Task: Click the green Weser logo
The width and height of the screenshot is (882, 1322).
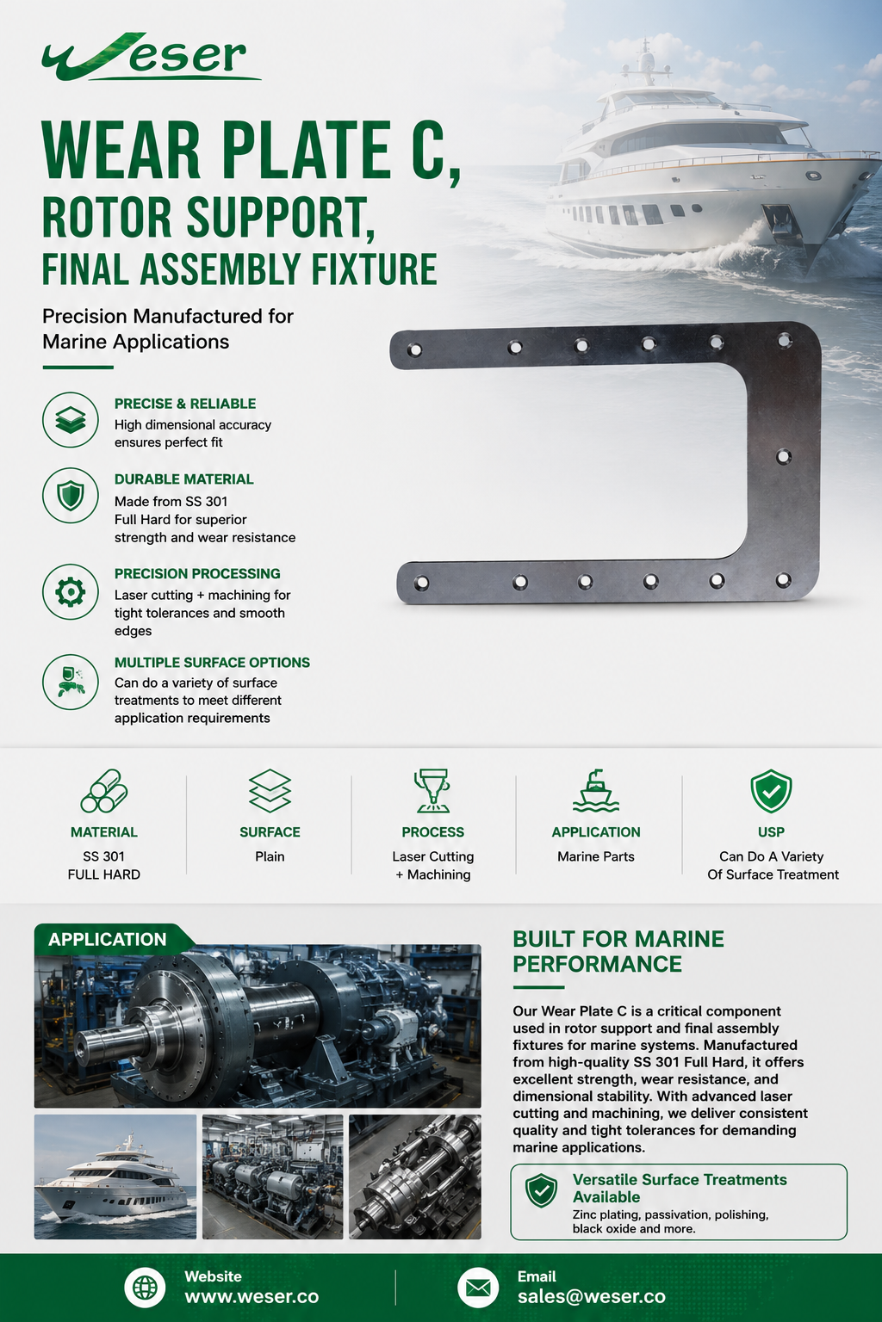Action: click(x=151, y=57)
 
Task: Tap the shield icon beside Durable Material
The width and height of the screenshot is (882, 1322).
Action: click(x=71, y=495)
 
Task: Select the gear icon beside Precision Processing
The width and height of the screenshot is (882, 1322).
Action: click(x=71, y=591)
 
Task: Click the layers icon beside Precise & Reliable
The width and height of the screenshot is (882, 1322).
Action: click(x=71, y=420)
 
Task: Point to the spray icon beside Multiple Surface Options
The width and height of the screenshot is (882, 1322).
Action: click(x=71, y=682)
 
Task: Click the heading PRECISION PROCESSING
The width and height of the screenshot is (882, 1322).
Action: click(x=197, y=574)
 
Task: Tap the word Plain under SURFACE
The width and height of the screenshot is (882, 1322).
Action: click(x=270, y=856)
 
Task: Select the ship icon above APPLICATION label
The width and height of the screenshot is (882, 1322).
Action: click(x=595, y=791)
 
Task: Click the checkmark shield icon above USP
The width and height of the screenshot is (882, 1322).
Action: click(x=771, y=791)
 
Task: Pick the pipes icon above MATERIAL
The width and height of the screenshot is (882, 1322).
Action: click(x=104, y=791)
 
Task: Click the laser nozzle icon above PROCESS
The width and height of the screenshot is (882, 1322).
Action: click(x=432, y=791)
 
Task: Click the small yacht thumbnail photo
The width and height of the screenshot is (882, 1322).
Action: click(x=115, y=1177)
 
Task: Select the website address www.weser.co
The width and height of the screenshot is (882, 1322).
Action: click(x=252, y=1297)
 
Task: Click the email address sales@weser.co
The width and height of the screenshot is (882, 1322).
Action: click(x=592, y=1297)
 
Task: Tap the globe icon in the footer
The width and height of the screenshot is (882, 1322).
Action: click(x=145, y=1288)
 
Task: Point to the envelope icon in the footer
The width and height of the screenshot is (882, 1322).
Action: click(x=478, y=1288)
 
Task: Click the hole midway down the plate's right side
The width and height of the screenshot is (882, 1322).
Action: click(x=783, y=456)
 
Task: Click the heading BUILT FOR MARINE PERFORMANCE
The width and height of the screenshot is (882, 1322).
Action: click(x=618, y=951)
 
